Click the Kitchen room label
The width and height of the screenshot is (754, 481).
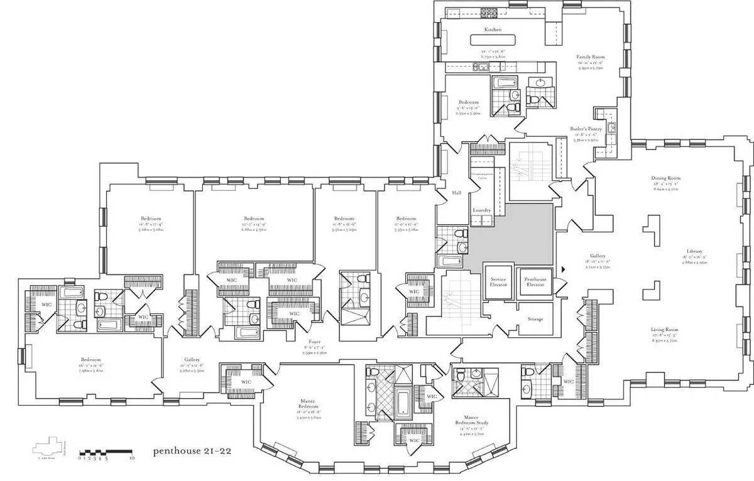click(492, 30)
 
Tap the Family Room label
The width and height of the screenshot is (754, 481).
click(590, 57)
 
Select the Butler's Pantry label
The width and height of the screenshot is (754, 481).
click(586, 129)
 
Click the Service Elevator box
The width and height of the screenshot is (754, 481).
click(498, 282)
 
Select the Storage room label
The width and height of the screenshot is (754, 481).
click(535, 319)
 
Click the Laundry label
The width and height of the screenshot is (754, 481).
click(481, 210)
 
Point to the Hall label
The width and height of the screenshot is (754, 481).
click(457, 193)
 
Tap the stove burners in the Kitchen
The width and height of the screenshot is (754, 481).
click(488, 12)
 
